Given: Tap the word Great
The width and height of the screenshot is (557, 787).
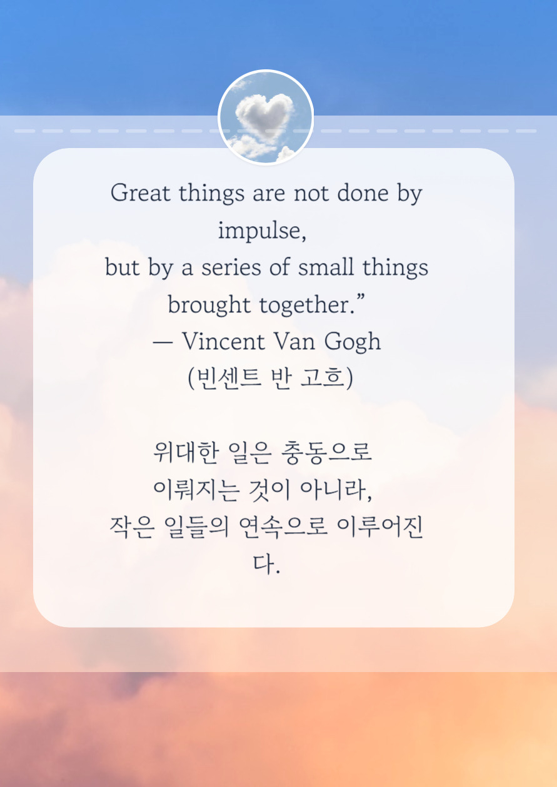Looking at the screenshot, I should coord(141,193).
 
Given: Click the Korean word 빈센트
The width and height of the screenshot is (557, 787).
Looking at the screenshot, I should coord(223,379).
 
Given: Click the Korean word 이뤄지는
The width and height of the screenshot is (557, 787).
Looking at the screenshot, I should coord(196,490).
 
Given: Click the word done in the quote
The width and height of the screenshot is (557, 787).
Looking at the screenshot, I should coord(363,193).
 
